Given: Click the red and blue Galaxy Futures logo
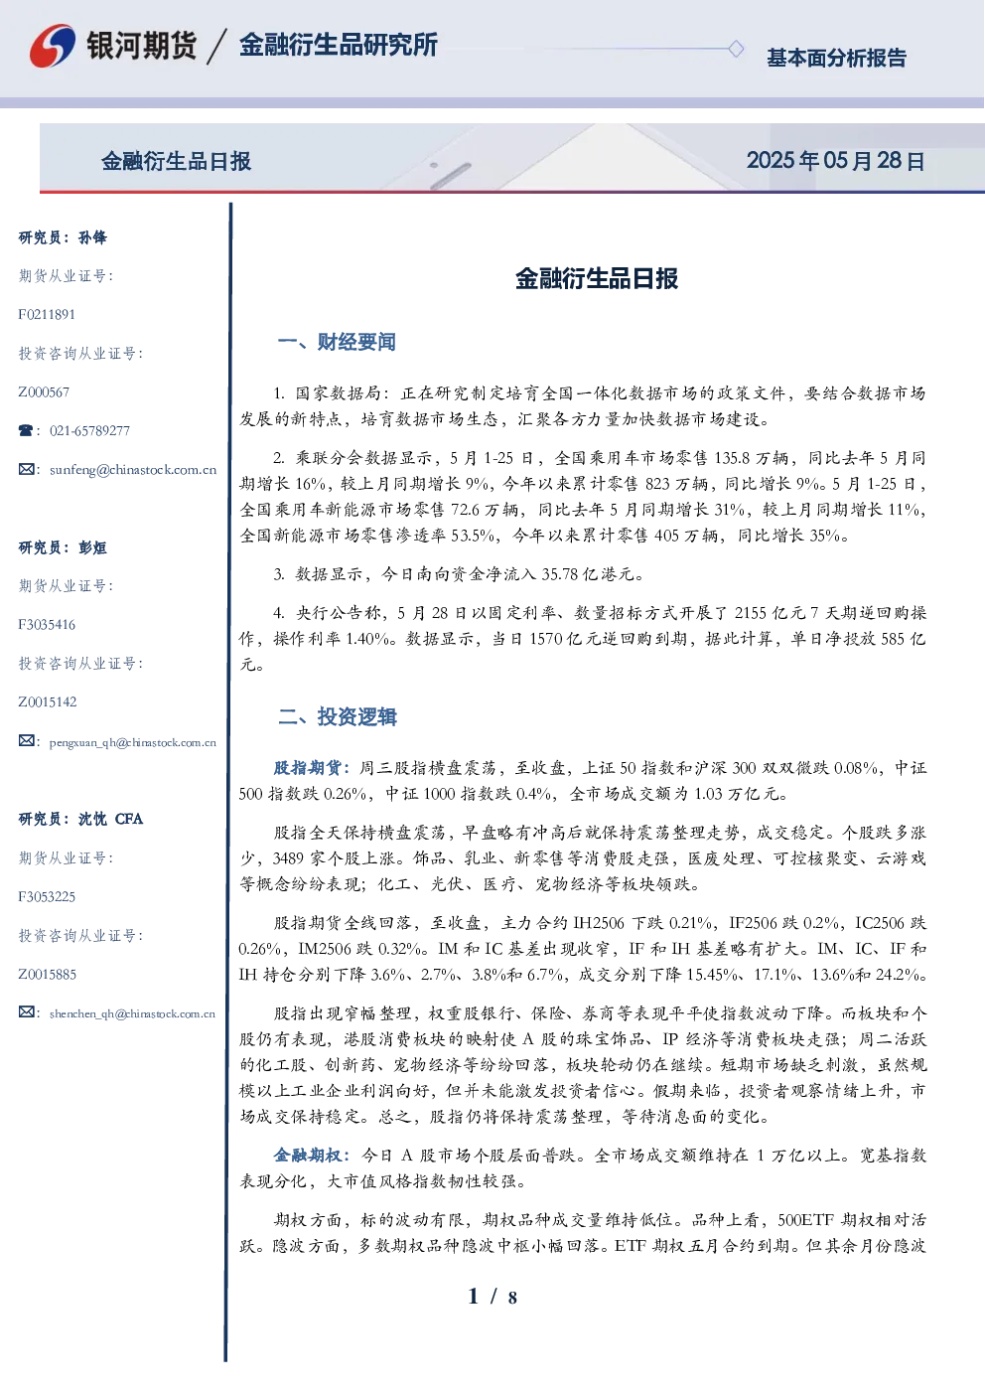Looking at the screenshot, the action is click(x=53, y=46).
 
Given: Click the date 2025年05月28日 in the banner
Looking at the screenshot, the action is click(x=835, y=161).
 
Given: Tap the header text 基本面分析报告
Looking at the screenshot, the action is click(x=836, y=58).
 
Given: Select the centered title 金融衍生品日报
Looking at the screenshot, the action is click(x=597, y=278).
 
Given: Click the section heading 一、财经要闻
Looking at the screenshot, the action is click(x=337, y=342).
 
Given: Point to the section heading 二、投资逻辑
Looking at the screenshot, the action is click(x=337, y=716).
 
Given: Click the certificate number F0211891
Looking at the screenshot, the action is click(x=47, y=314).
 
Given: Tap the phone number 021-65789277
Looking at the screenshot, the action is click(x=89, y=430).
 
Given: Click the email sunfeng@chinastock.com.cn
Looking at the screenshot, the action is click(x=133, y=470).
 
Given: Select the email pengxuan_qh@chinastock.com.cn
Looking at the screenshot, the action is click(x=133, y=742).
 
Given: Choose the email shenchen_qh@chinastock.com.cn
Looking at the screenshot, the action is click(x=132, y=1013).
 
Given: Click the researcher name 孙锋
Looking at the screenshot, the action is click(x=92, y=237).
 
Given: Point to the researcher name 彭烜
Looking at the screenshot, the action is click(x=92, y=547).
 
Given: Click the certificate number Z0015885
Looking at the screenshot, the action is click(x=48, y=974).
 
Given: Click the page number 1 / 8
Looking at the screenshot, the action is click(x=492, y=1297).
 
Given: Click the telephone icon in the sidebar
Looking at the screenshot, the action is click(x=26, y=430).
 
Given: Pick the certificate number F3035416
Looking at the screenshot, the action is click(x=47, y=624).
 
